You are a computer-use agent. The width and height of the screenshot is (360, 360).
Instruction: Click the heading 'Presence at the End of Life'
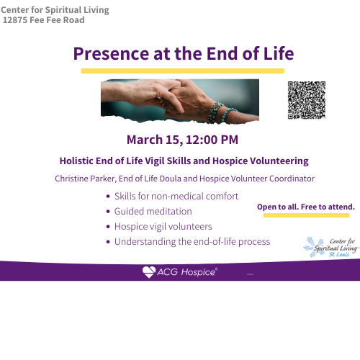tap(184, 54)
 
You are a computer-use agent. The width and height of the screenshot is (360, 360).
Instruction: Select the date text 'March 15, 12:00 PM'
tap(182, 139)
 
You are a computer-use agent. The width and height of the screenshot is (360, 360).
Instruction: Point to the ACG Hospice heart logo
tap(149, 271)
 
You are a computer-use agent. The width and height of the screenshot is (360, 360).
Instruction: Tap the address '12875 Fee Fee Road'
tap(44, 20)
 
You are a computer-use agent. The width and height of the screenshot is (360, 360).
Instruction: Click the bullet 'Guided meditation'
tap(153, 211)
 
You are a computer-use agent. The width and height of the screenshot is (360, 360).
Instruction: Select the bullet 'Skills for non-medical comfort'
tap(176, 196)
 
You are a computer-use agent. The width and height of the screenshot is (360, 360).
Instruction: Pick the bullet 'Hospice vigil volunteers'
tap(163, 226)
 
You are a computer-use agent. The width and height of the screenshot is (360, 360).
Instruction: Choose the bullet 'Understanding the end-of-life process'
tap(192, 241)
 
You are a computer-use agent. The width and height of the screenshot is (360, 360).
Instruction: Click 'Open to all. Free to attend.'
tap(306, 207)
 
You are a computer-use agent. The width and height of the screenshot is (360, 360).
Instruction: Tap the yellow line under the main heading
tap(182, 71)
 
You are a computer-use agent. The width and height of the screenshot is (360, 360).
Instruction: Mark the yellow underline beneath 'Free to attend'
tap(307, 215)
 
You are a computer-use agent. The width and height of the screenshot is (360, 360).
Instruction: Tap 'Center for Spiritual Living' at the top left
tap(55, 9)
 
